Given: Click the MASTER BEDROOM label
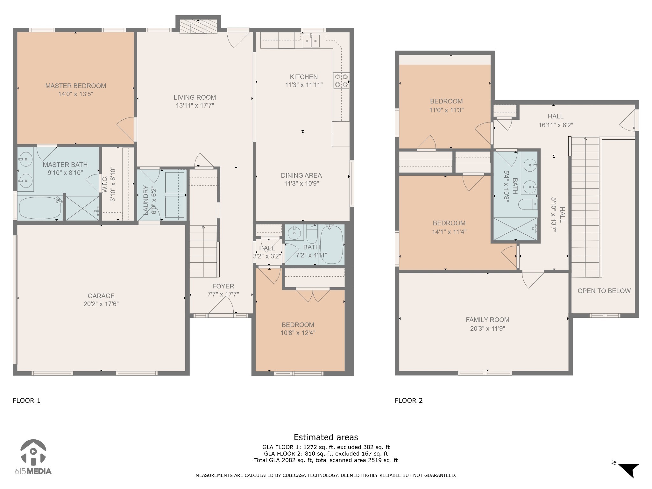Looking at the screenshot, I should [75, 86].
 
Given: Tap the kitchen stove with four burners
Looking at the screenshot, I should [341, 81].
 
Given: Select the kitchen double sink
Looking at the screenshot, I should [311, 41].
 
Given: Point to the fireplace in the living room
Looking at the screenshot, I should [198, 27].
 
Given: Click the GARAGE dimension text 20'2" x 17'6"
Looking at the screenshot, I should [101, 304].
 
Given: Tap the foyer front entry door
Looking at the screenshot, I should [221, 309].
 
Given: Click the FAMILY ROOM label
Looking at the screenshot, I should [487, 320].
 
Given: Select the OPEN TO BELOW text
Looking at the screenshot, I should [604, 291].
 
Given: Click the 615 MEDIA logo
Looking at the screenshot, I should [33, 457].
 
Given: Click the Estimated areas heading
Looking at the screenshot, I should [326, 437].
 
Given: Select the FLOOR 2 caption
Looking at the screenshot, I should [408, 400].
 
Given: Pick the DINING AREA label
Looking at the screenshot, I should [301, 175].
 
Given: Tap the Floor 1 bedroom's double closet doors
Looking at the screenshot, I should [312, 295].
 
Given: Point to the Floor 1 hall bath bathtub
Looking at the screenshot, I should [331, 244].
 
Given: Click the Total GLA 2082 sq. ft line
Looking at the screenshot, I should [326, 460].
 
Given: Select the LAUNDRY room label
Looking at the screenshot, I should [146, 200].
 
